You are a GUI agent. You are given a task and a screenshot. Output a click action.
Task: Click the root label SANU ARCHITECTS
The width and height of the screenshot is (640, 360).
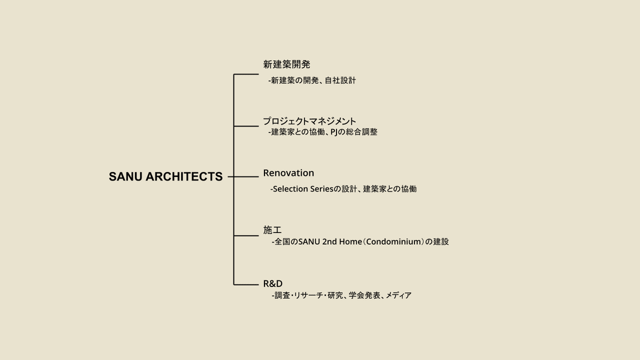pos(165,177)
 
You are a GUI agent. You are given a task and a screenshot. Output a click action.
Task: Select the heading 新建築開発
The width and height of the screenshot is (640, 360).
pos(286,65)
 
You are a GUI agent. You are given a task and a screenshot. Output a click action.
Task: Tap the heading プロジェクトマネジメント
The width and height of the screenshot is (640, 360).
pos(309,121)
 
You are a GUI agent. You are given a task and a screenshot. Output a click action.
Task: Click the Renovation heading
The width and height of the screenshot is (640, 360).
pos(289,173)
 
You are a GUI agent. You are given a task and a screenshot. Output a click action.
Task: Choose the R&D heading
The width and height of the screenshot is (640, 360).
pos(273,283)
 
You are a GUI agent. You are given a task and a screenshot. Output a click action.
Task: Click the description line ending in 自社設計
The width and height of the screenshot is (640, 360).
pos(312,81)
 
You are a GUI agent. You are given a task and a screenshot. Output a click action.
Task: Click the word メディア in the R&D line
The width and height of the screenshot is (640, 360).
pos(398,295)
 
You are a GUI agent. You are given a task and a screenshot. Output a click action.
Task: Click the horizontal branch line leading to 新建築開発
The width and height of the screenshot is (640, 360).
pos(246,75)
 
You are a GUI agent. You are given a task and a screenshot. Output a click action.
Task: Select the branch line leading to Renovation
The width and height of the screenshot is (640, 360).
pos(246,177)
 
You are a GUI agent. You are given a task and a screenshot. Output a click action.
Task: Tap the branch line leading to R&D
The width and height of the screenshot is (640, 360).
pos(246,284)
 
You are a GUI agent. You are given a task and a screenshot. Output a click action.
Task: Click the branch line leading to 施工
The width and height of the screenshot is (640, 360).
pos(246,235)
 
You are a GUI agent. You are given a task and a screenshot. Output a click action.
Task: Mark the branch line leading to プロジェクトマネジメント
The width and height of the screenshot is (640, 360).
pos(246,126)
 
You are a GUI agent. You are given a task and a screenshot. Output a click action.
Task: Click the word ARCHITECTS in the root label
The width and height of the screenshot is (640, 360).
pos(185,177)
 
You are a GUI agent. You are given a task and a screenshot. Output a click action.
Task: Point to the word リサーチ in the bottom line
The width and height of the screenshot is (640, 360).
pos(309,295)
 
